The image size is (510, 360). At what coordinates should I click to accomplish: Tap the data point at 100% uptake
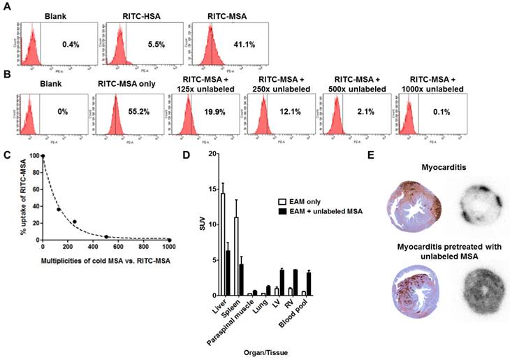tap(43, 156)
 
